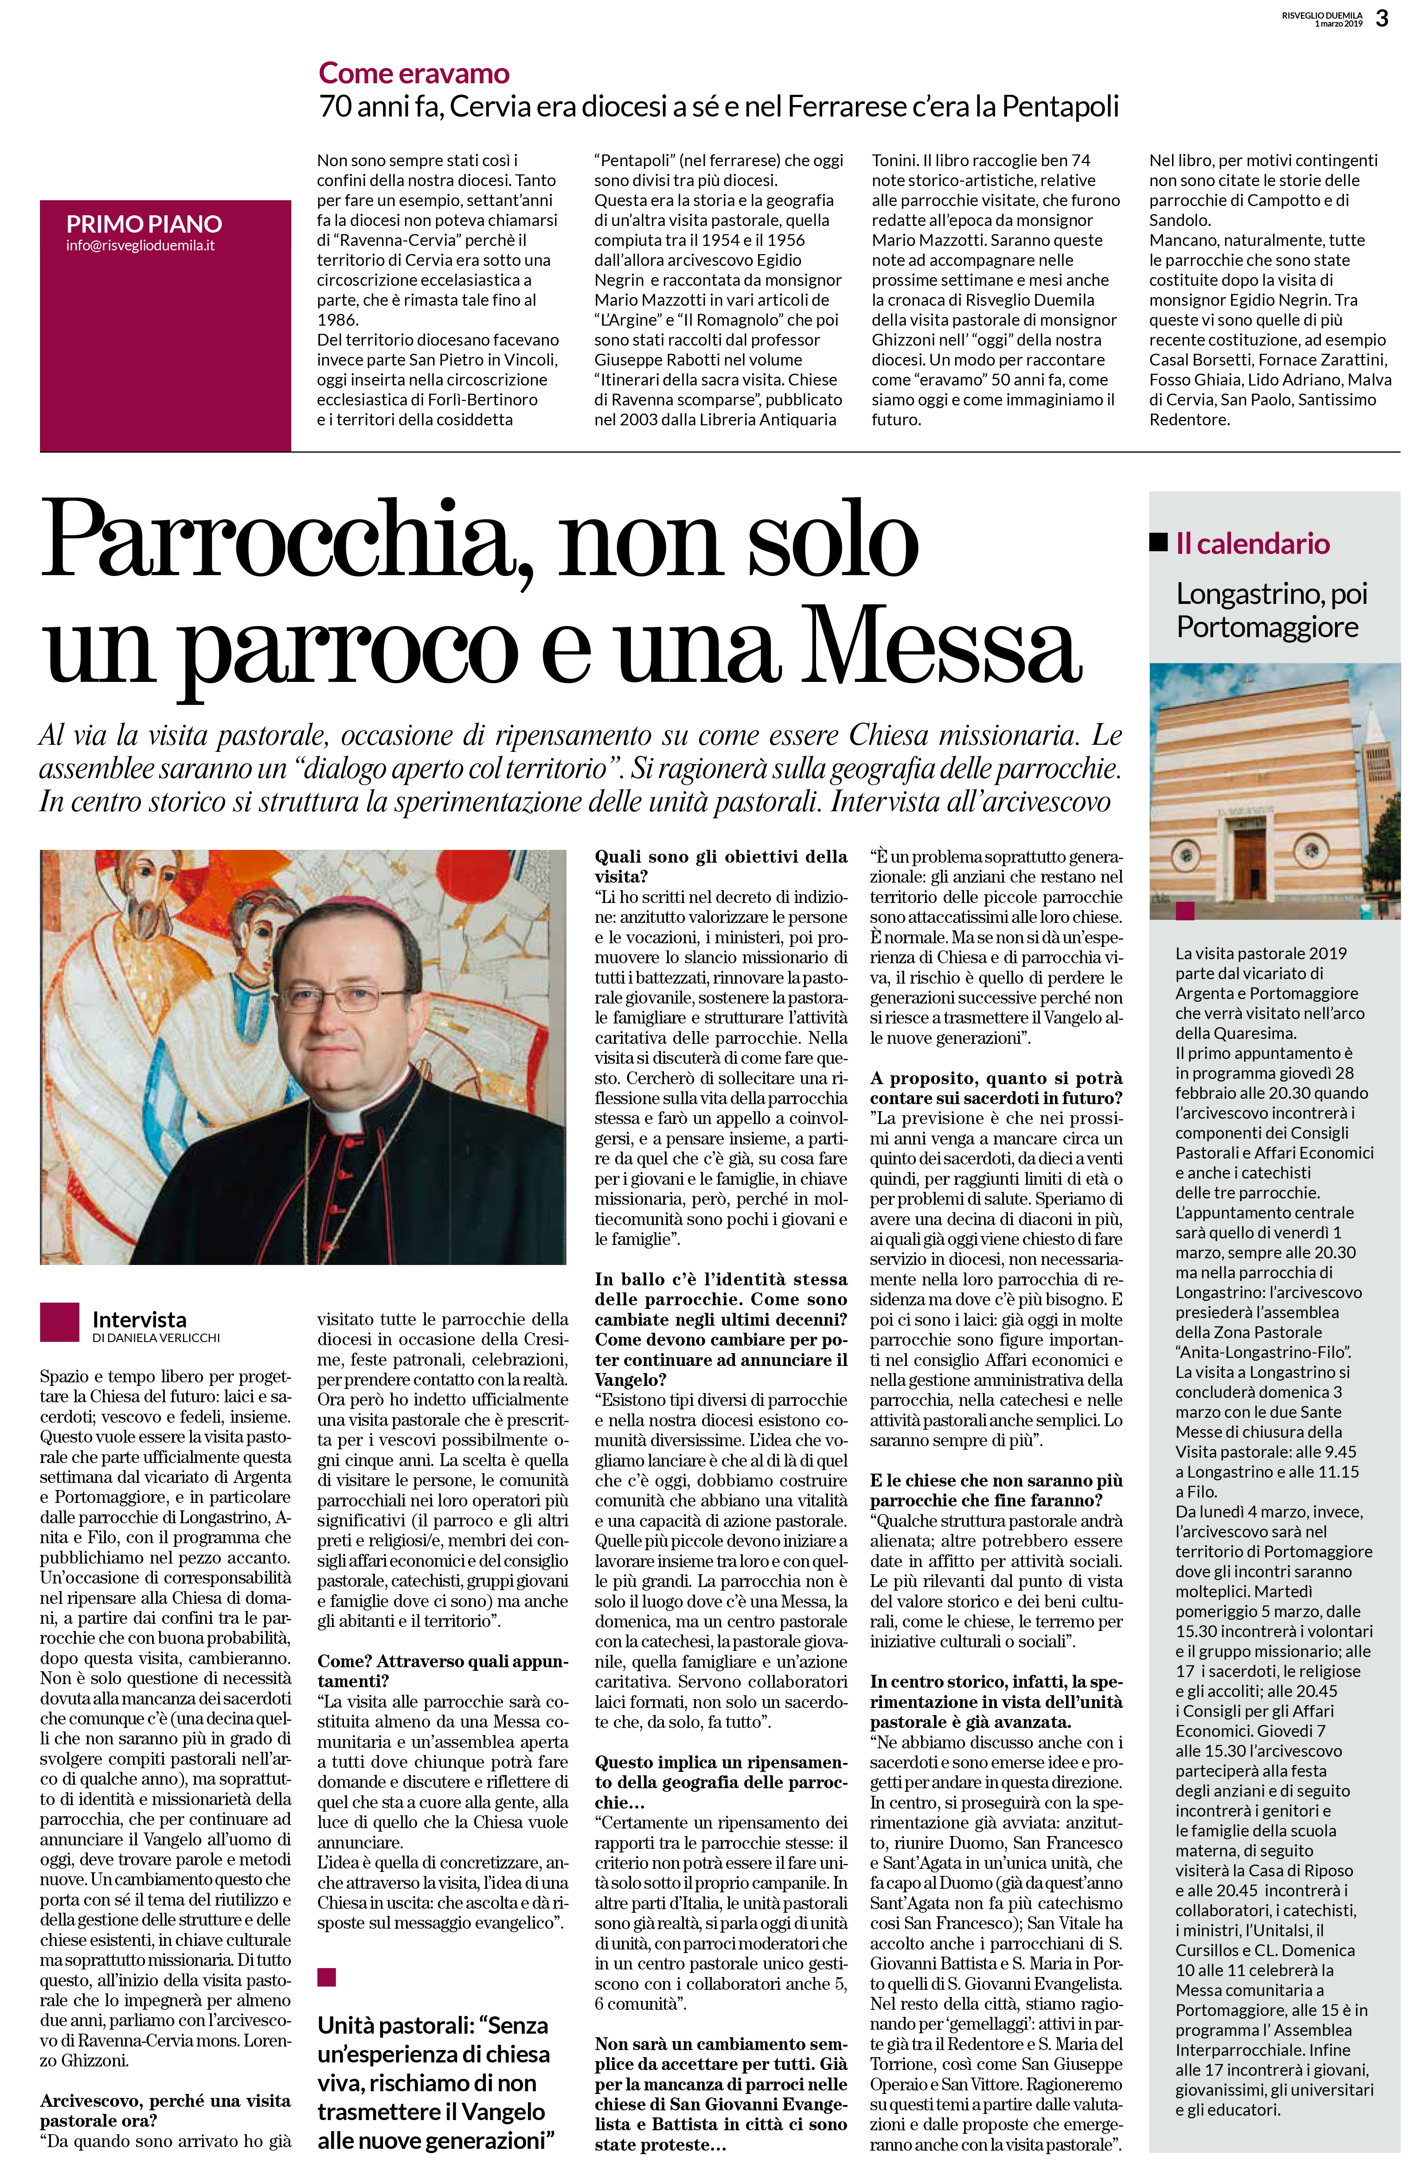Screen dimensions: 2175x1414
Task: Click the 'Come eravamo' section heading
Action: pos(413,73)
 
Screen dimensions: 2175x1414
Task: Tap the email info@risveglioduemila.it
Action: pos(140,246)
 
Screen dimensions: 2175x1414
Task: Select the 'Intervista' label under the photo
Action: pos(139,1319)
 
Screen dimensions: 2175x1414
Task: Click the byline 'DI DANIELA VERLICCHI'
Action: pos(156,1338)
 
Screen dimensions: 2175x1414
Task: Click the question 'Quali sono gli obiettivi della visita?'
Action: pos(720,866)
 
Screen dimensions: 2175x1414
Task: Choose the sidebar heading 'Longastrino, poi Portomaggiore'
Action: pos(1271,610)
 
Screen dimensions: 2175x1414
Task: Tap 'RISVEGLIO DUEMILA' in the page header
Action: pos(1322,15)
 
